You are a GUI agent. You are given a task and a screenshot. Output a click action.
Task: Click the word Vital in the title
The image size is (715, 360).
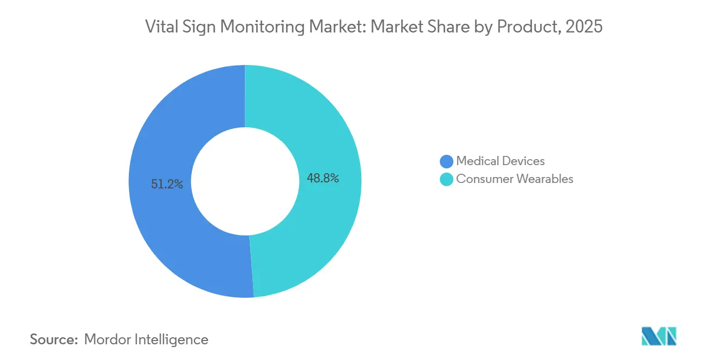point(160,27)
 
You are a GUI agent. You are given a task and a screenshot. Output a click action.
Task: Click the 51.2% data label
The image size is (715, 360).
point(167,185)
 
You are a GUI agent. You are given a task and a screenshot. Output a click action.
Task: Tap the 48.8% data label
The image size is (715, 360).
point(323,178)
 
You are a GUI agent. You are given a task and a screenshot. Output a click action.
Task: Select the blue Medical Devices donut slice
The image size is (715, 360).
point(162,227)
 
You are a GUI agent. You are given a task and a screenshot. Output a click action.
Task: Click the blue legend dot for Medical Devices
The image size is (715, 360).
point(446,161)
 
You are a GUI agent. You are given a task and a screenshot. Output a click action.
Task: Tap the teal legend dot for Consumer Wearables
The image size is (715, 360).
point(446,179)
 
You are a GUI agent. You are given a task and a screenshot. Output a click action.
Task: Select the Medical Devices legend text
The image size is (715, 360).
point(500,161)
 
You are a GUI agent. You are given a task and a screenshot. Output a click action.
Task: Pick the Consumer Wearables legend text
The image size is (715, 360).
point(514,179)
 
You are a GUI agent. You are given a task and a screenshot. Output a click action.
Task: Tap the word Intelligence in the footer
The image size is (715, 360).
point(174,339)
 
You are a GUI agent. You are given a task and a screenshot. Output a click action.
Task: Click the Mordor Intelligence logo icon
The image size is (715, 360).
point(659,336)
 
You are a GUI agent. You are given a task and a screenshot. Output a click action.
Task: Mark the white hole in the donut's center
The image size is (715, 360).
point(245,181)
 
